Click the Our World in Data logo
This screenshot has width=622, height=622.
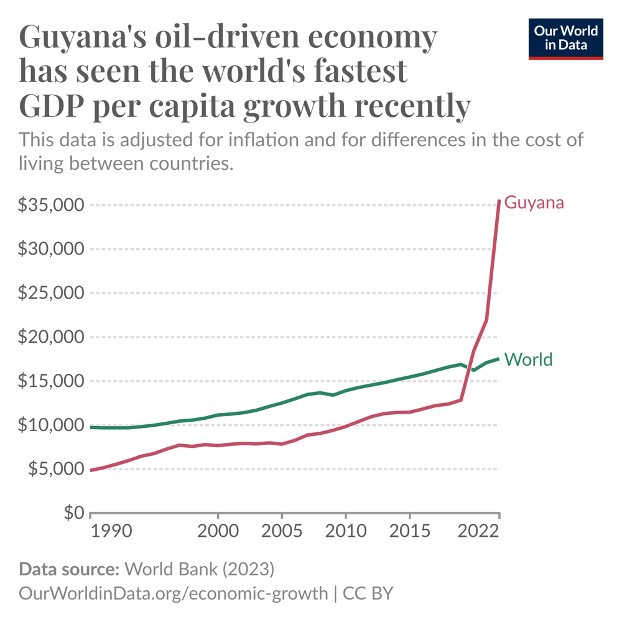tap(565, 39)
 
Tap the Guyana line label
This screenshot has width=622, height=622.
tap(534, 202)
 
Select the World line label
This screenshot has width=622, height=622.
tap(528, 360)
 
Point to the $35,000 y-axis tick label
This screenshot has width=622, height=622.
tap(52, 205)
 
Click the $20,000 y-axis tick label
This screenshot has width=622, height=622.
tap(52, 337)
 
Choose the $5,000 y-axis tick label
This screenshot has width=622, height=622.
tap(55, 469)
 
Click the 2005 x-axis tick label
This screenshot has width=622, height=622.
tap(282, 532)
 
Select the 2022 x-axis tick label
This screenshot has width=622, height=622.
tap(479, 532)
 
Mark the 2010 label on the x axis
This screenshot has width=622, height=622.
tap(345, 532)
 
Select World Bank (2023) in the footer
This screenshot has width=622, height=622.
tap(199, 569)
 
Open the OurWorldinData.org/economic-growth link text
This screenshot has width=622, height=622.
tap(174, 593)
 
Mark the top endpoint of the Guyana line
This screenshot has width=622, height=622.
tap(499, 200)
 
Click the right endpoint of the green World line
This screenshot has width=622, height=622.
tap(498, 359)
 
